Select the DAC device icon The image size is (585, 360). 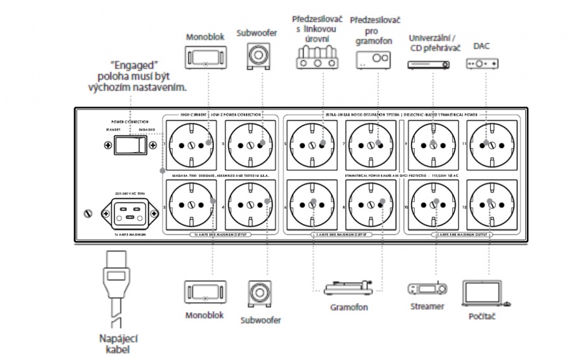482,64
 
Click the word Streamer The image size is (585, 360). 426,305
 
